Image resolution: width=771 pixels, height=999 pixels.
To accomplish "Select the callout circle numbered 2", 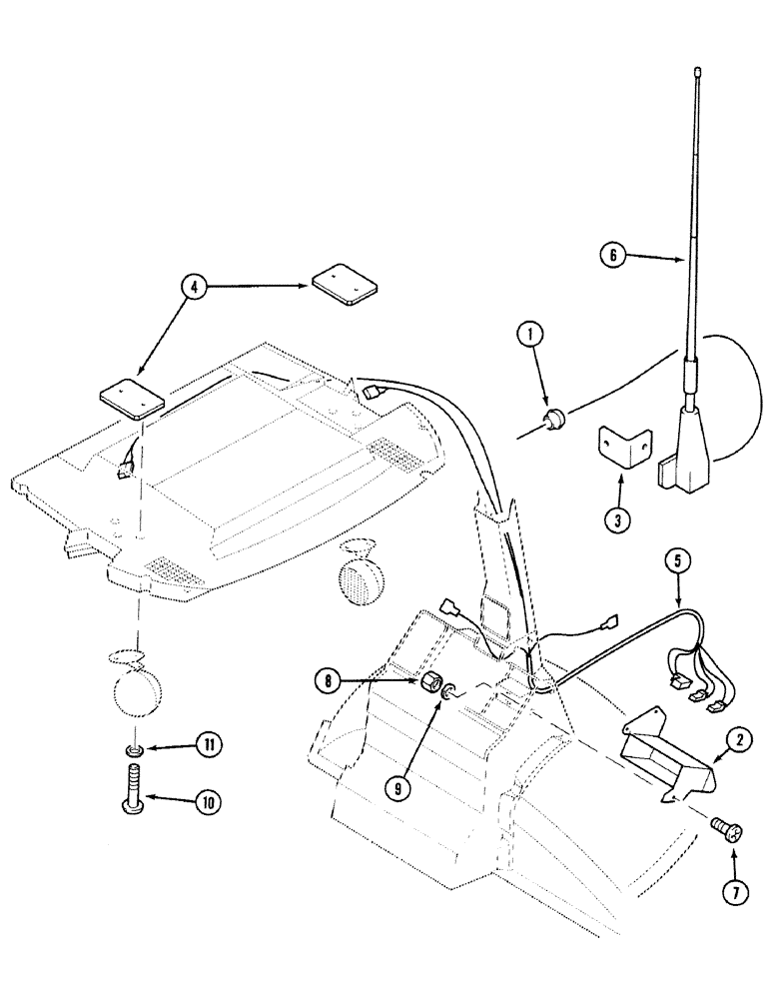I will pyautogui.click(x=739, y=740).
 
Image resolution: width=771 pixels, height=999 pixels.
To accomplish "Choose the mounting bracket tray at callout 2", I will pyautogui.click(x=666, y=751).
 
